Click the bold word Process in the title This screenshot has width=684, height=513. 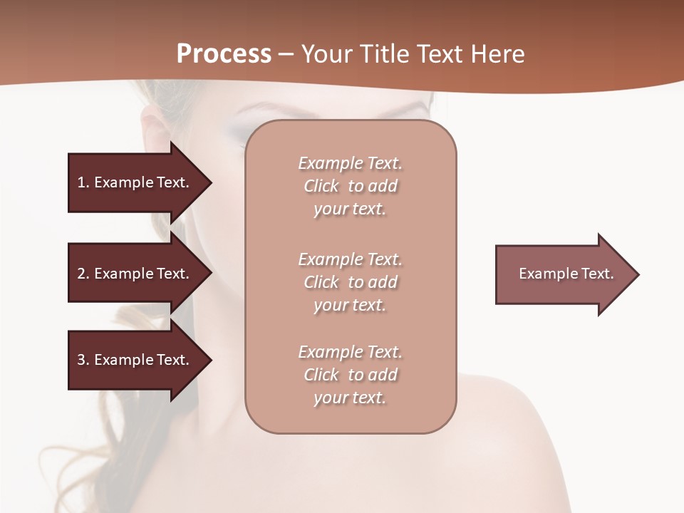click(224, 54)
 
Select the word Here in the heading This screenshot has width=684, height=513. click(497, 54)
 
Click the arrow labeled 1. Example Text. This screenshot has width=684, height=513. click(135, 182)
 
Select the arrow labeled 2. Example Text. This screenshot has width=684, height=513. click(135, 274)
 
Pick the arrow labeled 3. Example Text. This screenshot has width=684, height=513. click(135, 360)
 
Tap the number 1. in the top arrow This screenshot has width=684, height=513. click(83, 182)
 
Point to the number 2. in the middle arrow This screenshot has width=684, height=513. click(83, 274)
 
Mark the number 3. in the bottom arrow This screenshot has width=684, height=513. click(83, 360)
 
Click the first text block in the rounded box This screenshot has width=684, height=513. click(350, 186)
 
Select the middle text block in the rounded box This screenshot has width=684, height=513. click(350, 282)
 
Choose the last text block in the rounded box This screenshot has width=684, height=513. click(350, 375)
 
